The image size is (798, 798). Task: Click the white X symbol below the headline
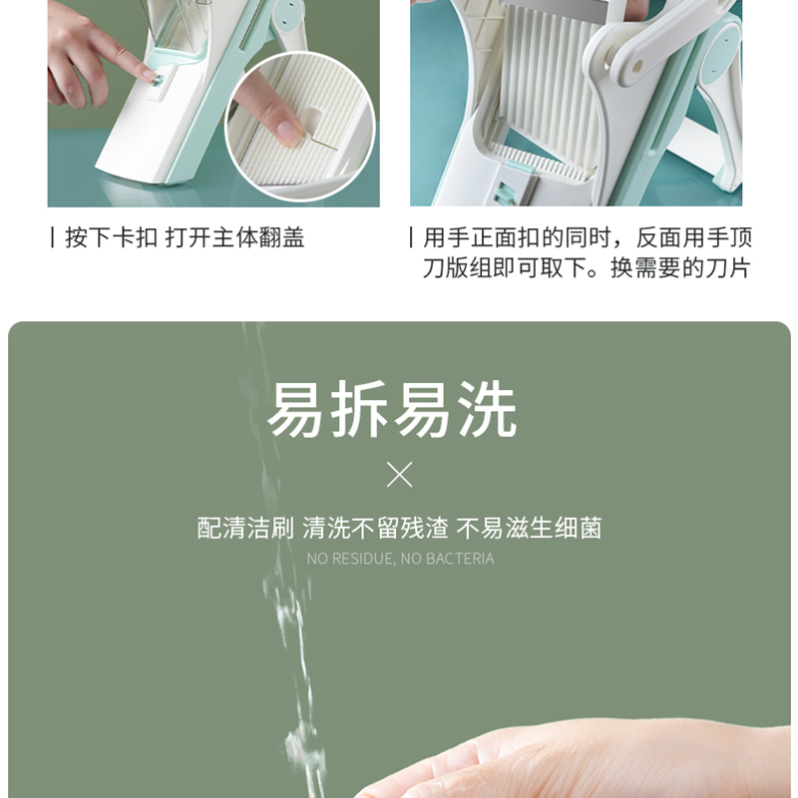point(400,475)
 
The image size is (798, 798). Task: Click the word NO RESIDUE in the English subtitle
point(351,559)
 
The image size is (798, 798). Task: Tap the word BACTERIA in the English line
point(460,559)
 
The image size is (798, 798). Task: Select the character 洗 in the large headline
point(487,410)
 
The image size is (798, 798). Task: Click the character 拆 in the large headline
point(361,410)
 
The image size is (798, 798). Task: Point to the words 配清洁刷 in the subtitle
point(245,528)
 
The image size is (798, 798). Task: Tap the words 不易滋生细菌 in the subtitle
point(529,528)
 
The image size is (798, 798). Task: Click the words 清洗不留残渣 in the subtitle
point(375,528)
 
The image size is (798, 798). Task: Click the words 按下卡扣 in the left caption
point(112,237)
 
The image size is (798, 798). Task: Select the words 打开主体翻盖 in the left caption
point(235,237)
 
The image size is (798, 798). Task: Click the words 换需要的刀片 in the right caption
point(680,267)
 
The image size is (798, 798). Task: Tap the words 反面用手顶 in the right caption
point(693,237)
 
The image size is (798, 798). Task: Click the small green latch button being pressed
point(159,81)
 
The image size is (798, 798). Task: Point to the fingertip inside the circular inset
point(286,133)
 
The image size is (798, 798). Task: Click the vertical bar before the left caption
point(53,237)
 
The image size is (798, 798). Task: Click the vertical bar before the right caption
point(411,237)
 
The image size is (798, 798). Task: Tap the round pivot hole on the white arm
point(636,65)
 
